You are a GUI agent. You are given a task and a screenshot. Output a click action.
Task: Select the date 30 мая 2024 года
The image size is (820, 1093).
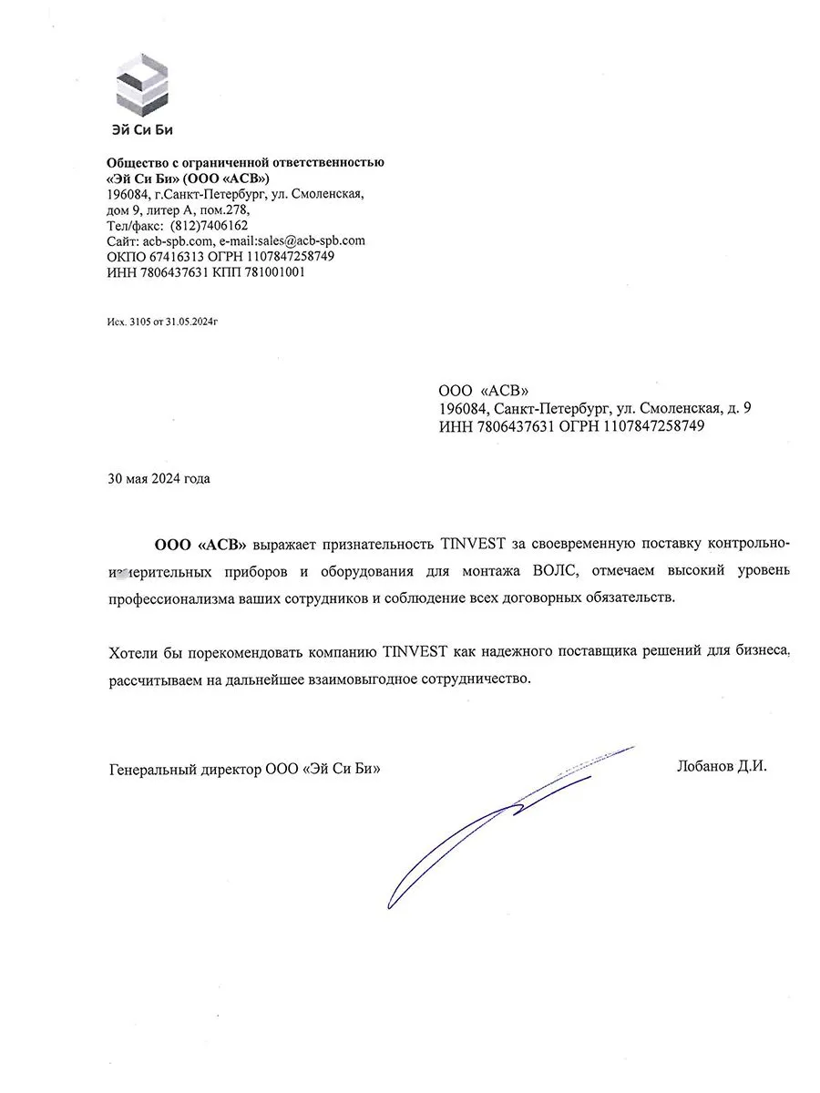[159, 479]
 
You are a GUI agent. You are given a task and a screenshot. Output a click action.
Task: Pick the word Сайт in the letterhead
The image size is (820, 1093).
[122, 240]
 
